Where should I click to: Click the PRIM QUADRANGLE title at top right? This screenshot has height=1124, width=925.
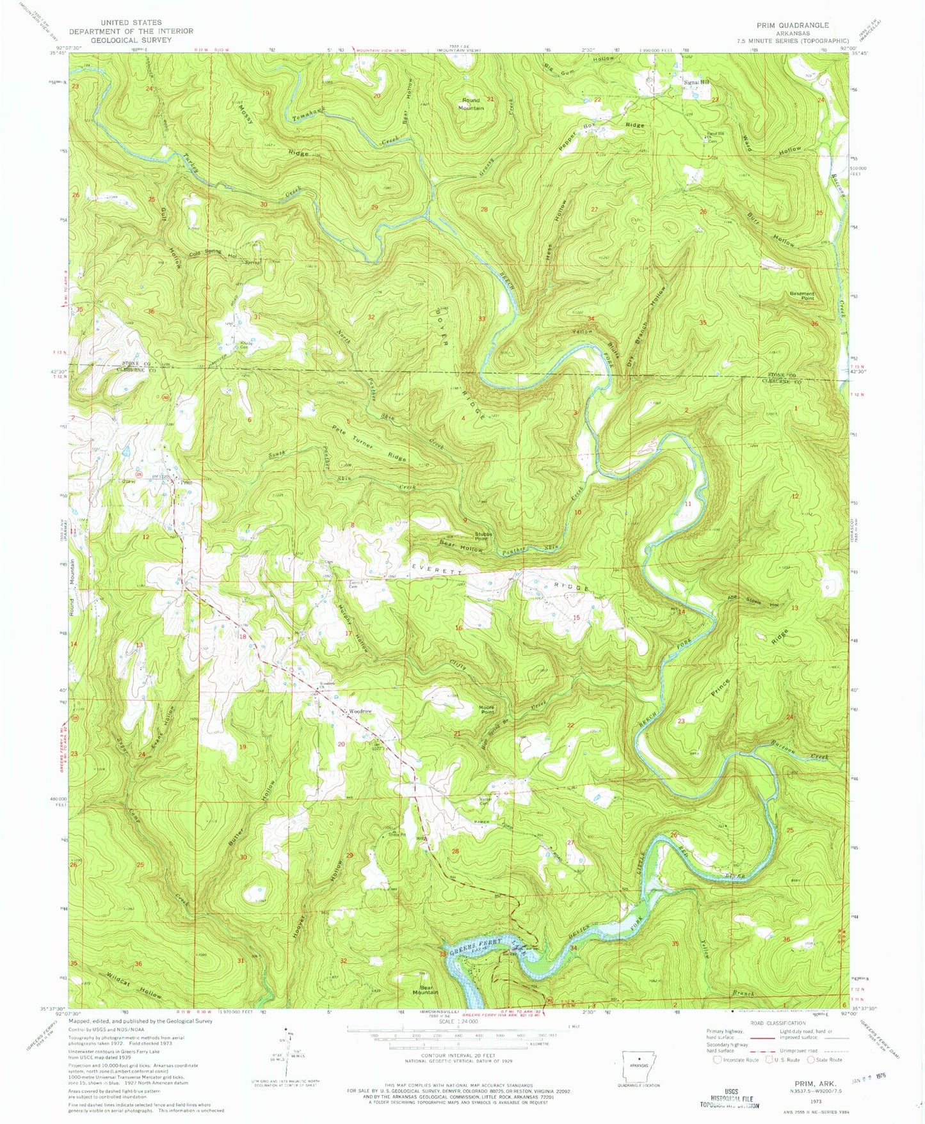(x=792, y=25)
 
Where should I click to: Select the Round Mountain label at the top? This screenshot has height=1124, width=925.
(x=471, y=104)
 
